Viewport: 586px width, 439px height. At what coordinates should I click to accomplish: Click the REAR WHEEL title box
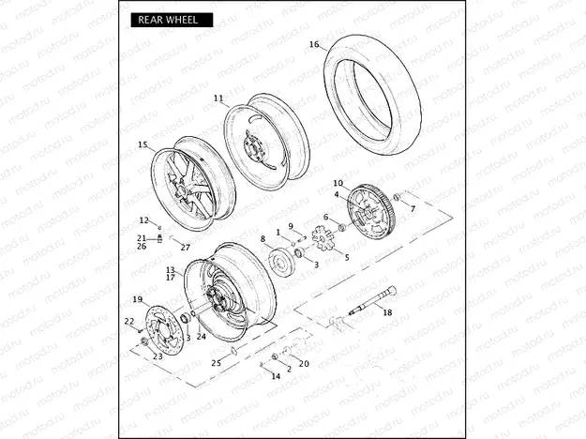click(x=172, y=20)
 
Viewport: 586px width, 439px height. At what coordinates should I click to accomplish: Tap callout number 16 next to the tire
click(x=314, y=44)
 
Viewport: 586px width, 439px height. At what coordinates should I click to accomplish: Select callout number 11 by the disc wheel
click(x=218, y=98)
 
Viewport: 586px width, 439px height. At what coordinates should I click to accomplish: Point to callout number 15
click(x=143, y=144)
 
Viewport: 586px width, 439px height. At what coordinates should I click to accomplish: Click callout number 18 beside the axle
click(x=387, y=312)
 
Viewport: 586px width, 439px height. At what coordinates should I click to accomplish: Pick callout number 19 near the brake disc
click(x=138, y=299)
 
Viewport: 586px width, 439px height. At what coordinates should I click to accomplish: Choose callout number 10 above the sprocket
click(x=338, y=183)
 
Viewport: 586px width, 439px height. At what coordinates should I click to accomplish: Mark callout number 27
click(x=186, y=247)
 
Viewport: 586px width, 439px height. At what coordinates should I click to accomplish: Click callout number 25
click(x=217, y=363)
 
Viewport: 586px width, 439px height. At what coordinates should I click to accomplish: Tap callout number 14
click(x=276, y=376)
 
